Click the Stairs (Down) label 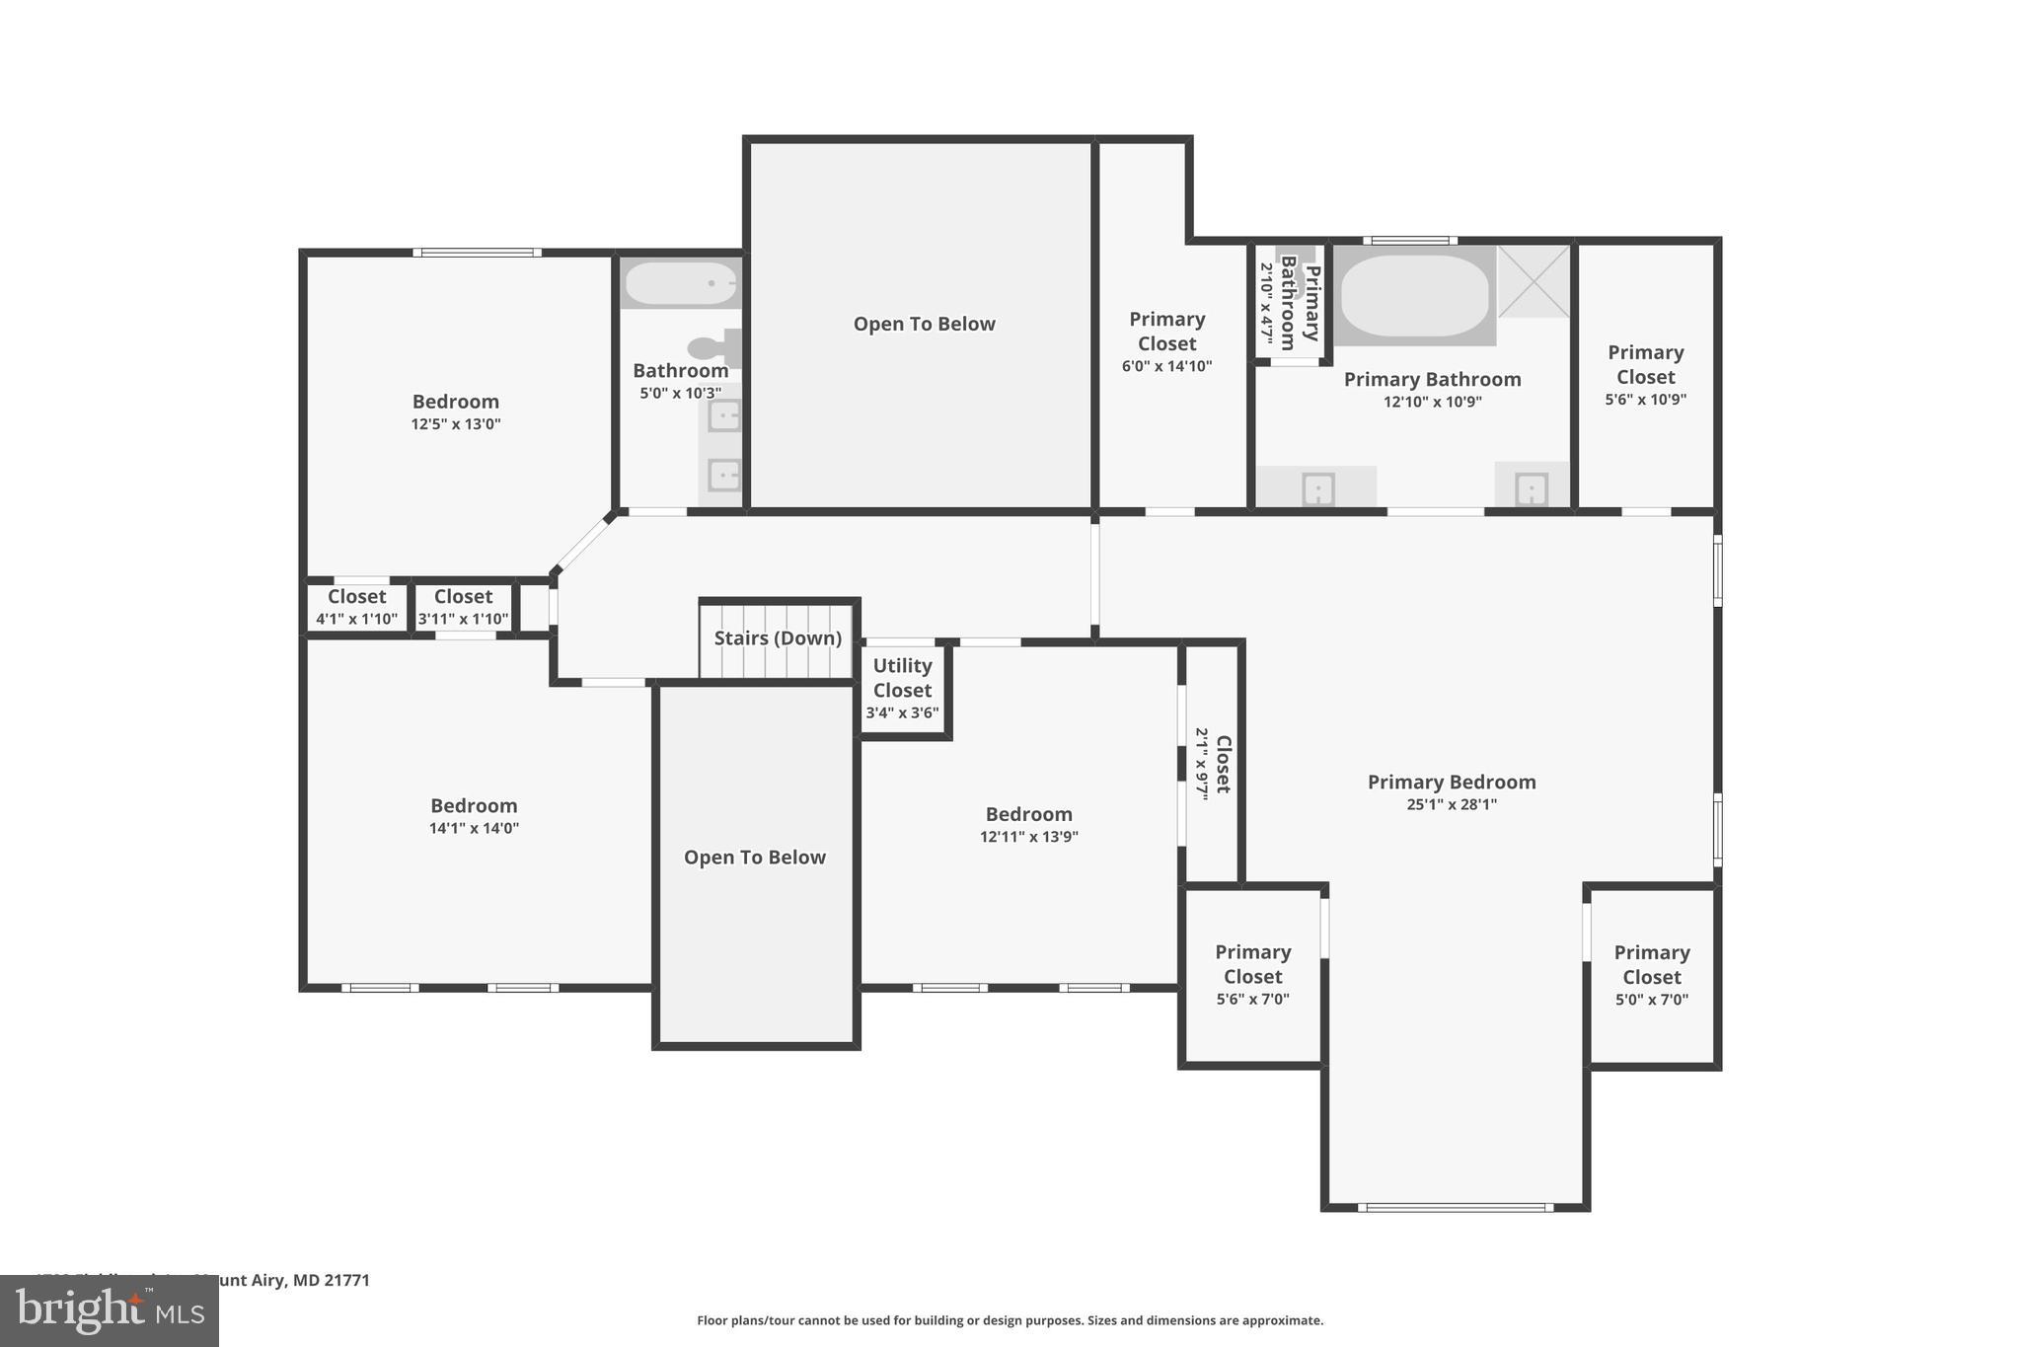pos(778,638)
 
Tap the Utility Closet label pos(902,678)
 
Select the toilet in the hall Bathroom pos(714,347)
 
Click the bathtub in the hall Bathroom pos(681,284)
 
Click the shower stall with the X pos(1534,282)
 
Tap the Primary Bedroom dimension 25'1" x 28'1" pos(1451,805)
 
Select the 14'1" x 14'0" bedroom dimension pos(474,829)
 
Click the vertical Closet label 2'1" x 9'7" pos(1213,764)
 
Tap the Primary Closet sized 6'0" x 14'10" pos(1166,341)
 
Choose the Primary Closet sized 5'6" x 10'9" pos(1645,375)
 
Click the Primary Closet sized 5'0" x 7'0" pos(1651,975)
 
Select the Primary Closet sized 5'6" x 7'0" pos(1252,975)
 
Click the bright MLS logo pos(110,1310)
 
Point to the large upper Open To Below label pos(924,324)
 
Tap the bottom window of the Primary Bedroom pos(1455,1207)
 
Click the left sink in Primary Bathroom pos(1318,488)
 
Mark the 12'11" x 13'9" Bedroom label pos(1028,825)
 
